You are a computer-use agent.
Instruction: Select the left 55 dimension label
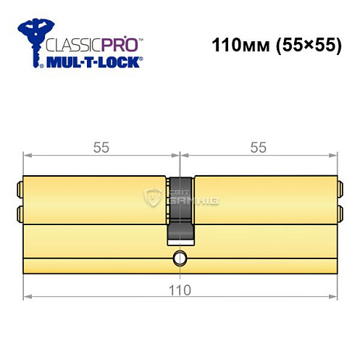coord(101,147)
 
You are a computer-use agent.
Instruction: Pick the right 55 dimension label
coord(258,147)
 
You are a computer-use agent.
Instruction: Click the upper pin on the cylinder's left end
coord(20,192)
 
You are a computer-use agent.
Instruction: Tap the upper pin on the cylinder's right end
coord(340,192)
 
